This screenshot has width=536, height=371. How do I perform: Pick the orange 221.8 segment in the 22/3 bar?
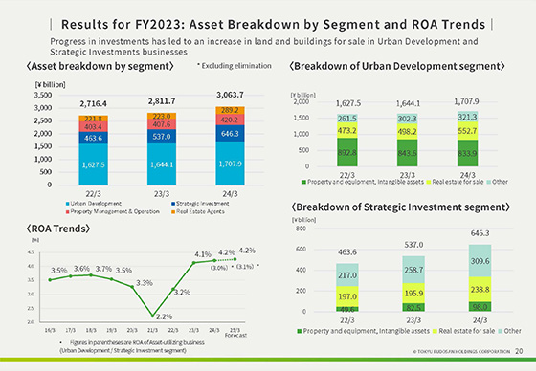point(93,120)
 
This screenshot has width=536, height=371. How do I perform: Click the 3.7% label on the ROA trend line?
point(103,268)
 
